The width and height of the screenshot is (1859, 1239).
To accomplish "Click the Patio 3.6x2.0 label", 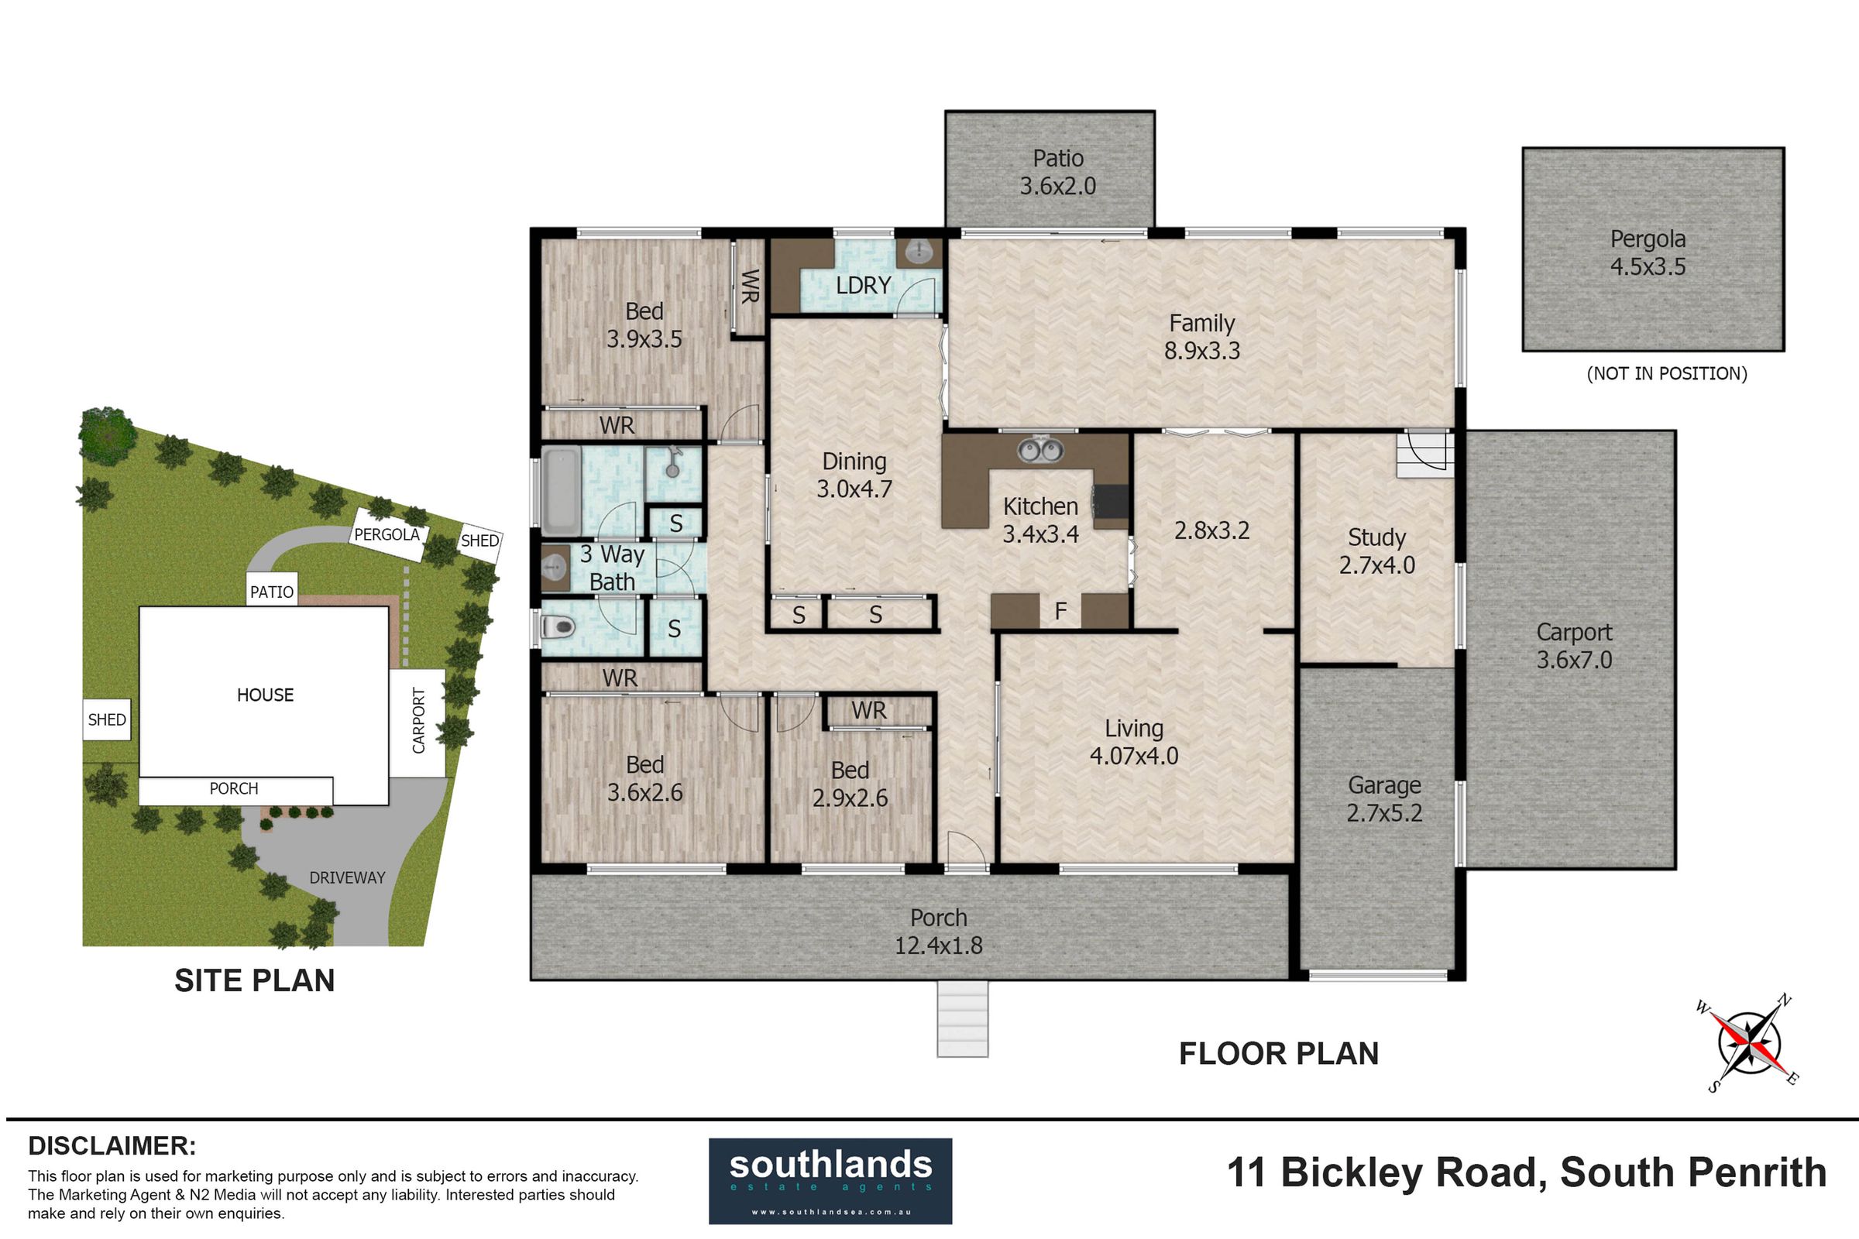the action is (1057, 172).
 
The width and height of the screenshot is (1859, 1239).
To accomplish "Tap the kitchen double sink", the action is (1039, 451).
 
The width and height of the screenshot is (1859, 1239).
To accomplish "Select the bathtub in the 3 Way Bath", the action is (560, 490).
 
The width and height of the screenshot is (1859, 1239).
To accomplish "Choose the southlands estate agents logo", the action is (830, 1180).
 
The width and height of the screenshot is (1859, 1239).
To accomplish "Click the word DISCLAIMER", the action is (112, 1146).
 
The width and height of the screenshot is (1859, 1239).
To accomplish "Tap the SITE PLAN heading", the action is (255, 980).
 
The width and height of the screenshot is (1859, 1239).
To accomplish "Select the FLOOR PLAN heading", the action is (1279, 1053).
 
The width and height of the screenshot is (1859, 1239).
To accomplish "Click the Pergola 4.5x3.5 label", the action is (1648, 253).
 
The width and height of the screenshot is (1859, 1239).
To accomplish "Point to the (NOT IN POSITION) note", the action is (1667, 374).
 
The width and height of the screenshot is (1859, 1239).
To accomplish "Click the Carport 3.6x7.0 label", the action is (1575, 646).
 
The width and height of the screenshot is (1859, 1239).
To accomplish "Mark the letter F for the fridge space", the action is (1060, 610).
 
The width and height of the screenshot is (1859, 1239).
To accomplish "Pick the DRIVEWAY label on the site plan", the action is (347, 878).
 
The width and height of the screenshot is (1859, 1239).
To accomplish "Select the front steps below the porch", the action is (963, 1019).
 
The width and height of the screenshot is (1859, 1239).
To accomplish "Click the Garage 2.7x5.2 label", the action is (1385, 799).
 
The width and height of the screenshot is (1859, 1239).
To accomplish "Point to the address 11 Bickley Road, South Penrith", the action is (1526, 1172).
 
